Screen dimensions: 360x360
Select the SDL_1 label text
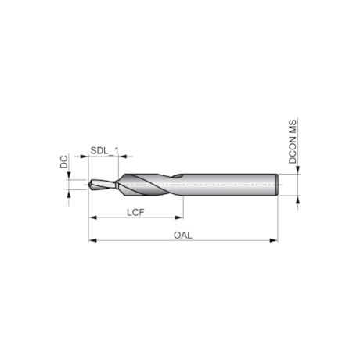(x=104, y=149)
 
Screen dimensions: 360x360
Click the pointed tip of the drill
(x=89, y=187)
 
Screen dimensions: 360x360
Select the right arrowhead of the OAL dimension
(x=274, y=240)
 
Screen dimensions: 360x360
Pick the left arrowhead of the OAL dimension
(x=92, y=240)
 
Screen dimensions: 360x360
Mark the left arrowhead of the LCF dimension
(x=92, y=218)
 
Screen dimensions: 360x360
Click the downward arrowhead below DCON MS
(x=297, y=169)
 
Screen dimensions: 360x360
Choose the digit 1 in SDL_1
(x=117, y=149)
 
